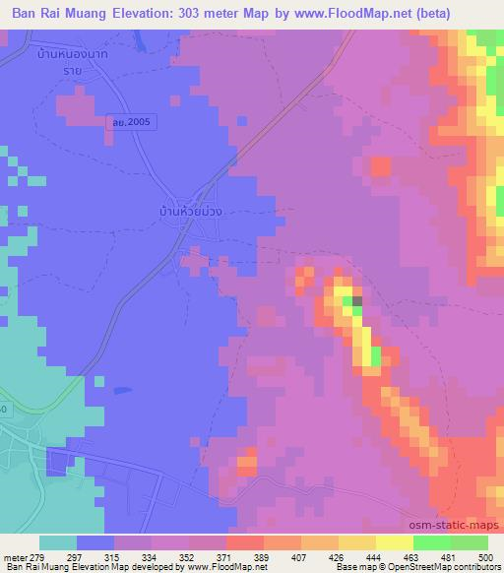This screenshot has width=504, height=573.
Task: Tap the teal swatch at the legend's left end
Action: click(x=58, y=542)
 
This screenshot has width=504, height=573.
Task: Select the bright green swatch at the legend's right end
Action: click(x=469, y=542)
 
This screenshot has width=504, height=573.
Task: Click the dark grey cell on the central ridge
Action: click(x=357, y=301)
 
